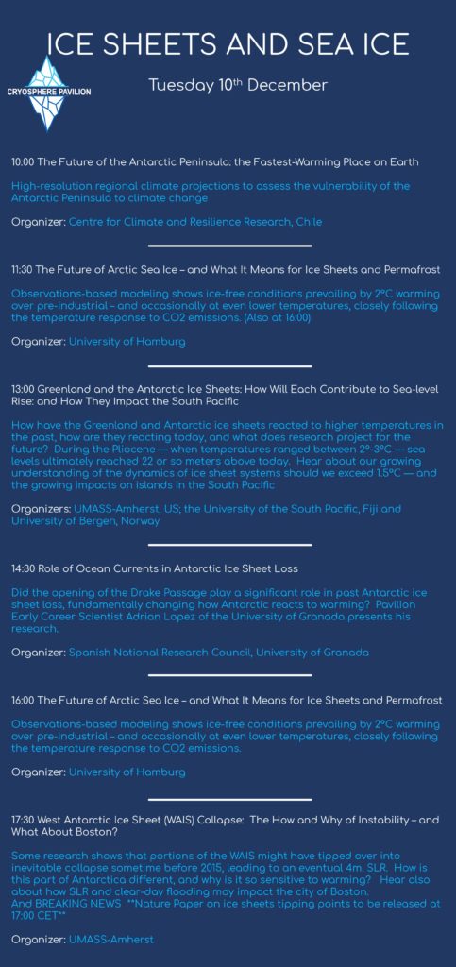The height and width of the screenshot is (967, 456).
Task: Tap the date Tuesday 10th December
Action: coord(238,86)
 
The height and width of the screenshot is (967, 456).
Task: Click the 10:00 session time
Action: coord(25,162)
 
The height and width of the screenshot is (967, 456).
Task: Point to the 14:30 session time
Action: coord(25,569)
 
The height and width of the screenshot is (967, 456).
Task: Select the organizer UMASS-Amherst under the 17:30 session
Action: coord(110,941)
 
